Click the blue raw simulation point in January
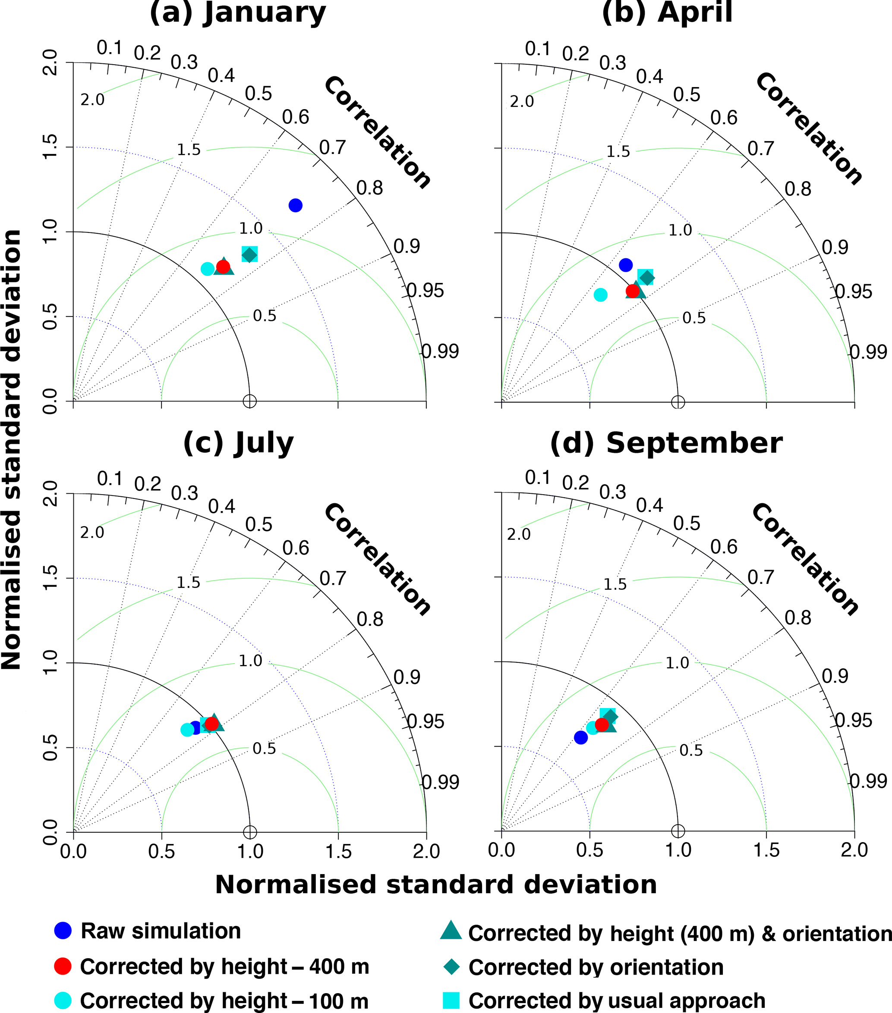[x=296, y=205]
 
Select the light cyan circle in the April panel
[x=600, y=295]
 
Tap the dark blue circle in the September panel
[x=580, y=737]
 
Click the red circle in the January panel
[x=223, y=267]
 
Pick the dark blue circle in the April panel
[x=626, y=265]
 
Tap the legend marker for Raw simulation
[x=63, y=931]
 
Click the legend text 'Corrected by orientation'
[x=596, y=967]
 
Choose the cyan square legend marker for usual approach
[x=451, y=1000]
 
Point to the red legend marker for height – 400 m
[x=63, y=966]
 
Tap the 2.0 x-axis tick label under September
[x=854, y=850]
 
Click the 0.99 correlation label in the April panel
[x=868, y=352]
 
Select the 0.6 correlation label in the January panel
[x=296, y=117]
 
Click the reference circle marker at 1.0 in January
[x=250, y=401]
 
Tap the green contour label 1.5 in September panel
[x=615, y=584]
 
